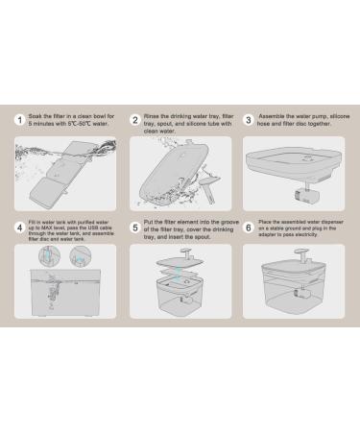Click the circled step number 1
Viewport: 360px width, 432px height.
pos(20,120)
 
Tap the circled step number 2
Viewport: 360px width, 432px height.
pos(134,120)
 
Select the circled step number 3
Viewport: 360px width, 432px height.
pos(249,120)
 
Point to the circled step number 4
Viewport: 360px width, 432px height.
pos(20,228)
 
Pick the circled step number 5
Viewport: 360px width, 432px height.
pos(134,228)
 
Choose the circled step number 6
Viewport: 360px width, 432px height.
pos(249,228)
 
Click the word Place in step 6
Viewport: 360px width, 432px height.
pos(267,225)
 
